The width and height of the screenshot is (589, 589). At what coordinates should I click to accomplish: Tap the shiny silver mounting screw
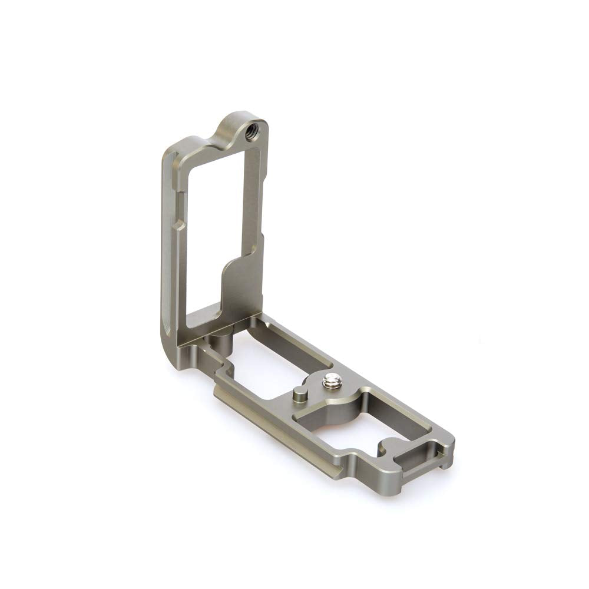pos(330,383)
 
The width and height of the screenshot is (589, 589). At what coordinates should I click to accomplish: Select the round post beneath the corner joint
pos(219,342)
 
